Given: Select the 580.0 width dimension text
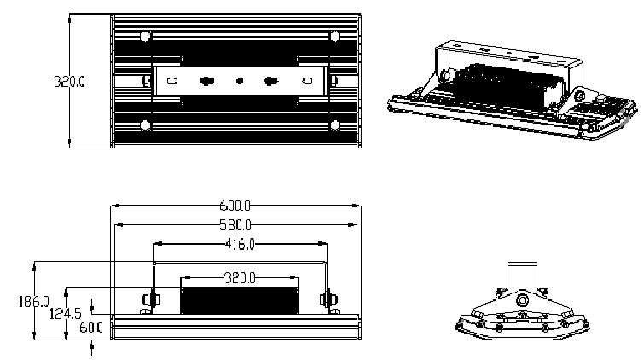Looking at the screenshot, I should coord(236,225).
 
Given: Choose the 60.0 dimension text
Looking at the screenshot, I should coord(91,327).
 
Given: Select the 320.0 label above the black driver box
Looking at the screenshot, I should coord(239,278).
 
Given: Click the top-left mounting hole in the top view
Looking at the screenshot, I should coord(146,37).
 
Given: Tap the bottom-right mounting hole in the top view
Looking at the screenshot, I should coord(334,126).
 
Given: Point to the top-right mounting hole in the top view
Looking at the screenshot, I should coord(334,37).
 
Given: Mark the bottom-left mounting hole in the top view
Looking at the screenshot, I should coord(146,126).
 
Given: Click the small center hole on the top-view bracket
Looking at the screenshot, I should coord(239,82).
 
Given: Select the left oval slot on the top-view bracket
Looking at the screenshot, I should coord(171,82).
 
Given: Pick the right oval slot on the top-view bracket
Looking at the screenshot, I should coord(307,82).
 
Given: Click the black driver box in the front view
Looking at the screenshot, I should coord(239,299).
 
